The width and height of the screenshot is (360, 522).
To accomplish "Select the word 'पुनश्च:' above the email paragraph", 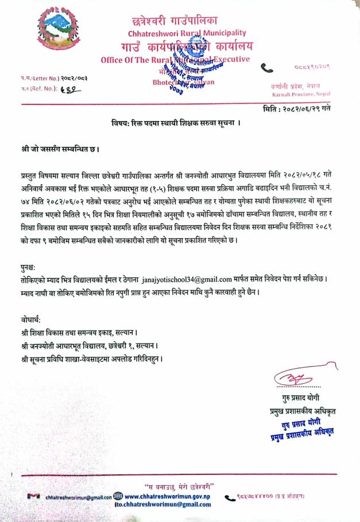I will click(x=28, y=267).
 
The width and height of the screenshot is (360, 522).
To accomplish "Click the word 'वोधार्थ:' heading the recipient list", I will click(x=29, y=319).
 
